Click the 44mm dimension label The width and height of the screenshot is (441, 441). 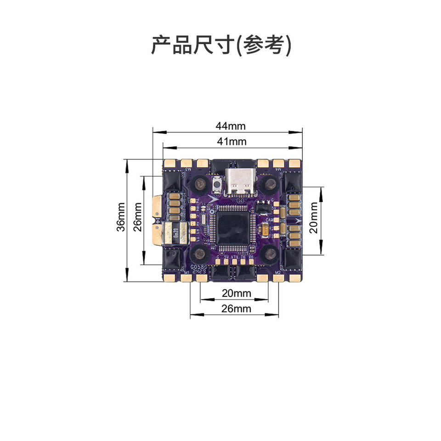tap(231, 125)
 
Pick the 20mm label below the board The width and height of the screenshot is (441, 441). tap(236, 293)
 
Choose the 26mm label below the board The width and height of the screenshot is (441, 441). tap(236, 309)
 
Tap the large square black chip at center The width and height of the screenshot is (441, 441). tap(232, 227)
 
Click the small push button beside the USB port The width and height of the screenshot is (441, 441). tap(217, 184)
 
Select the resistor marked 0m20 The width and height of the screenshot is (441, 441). tap(176, 233)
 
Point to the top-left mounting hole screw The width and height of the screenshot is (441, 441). tap(200, 184)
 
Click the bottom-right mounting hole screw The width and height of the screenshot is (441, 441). tap(268, 252)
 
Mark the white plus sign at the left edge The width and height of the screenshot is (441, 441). tap(158, 222)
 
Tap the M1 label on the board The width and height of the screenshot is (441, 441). tap(187, 272)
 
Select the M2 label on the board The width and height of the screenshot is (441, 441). tap(277, 272)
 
